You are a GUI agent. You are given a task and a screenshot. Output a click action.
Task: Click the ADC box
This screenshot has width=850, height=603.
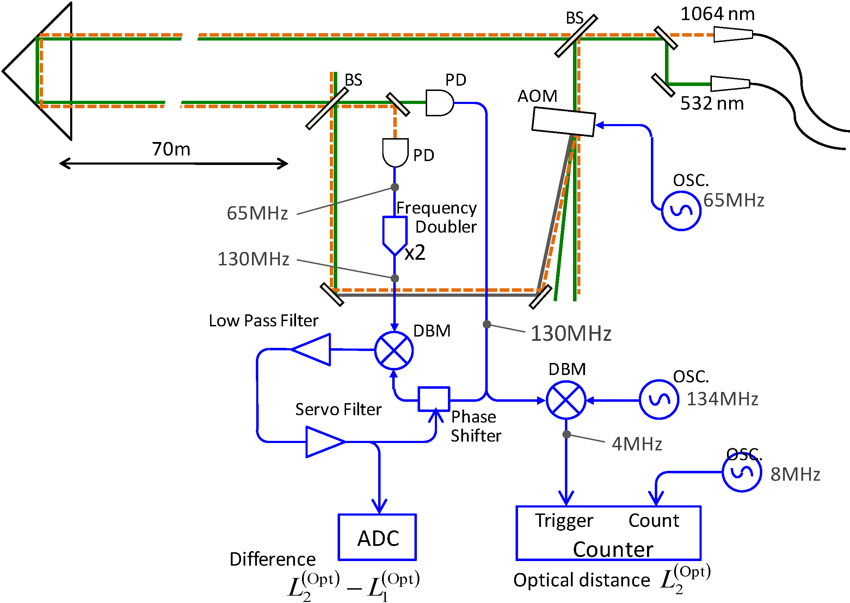[x=377, y=537]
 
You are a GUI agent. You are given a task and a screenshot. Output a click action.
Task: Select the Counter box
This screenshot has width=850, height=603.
[x=608, y=533]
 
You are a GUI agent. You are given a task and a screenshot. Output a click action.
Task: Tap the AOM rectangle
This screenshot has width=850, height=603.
[x=563, y=122]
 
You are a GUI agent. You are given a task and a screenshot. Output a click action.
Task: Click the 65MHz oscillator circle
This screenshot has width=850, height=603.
[x=681, y=211]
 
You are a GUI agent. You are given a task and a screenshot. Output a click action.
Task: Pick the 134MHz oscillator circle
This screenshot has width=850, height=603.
[x=659, y=400]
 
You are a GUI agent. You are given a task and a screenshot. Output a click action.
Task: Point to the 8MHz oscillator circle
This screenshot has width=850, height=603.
[x=742, y=472]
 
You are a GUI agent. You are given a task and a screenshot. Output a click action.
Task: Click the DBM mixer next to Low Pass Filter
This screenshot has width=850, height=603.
[x=394, y=351]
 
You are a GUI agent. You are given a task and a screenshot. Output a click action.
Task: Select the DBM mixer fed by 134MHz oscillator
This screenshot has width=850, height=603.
[x=566, y=400]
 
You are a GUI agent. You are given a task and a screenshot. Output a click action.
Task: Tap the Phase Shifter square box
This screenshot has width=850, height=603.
[x=434, y=399]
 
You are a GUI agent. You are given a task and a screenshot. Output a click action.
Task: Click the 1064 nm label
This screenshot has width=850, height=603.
[x=717, y=14]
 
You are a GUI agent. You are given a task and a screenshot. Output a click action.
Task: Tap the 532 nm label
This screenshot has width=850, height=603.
[x=712, y=104]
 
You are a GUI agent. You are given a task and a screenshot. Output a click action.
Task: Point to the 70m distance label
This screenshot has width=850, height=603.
[x=171, y=149]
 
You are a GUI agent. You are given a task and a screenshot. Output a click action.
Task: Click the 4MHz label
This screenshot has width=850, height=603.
[x=637, y=444]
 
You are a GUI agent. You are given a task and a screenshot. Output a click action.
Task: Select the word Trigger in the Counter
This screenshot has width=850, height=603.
[x=564, y=521]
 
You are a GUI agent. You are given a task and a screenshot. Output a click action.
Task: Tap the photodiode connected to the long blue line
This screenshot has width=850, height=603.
[x=439, y=103]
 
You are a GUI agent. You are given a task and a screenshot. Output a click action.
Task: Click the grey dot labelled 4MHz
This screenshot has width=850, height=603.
[x=566, y=435]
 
